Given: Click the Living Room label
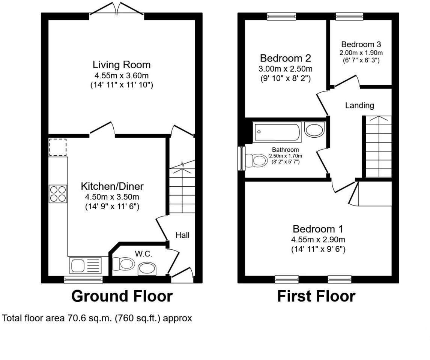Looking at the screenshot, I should (122, 64).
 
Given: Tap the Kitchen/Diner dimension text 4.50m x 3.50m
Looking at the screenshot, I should (112, 196).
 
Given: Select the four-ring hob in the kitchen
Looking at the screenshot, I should (58, 194).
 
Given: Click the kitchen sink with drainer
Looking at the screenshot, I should (86, 265).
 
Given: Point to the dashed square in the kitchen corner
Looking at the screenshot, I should (58, 147).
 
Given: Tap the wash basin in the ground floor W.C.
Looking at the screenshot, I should (148, 269).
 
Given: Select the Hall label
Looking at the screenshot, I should (182, 235).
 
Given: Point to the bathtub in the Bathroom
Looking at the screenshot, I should (277, 132).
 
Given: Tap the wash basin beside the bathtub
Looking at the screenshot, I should (314, 130).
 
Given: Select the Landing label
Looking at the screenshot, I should (359, 105).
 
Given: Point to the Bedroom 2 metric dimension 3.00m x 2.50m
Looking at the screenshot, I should (286, 69).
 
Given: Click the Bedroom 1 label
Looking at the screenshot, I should (318, 229).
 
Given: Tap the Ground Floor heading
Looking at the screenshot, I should (122, 296).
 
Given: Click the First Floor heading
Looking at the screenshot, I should (316, 296).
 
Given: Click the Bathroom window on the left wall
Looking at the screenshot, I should (242, 159).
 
